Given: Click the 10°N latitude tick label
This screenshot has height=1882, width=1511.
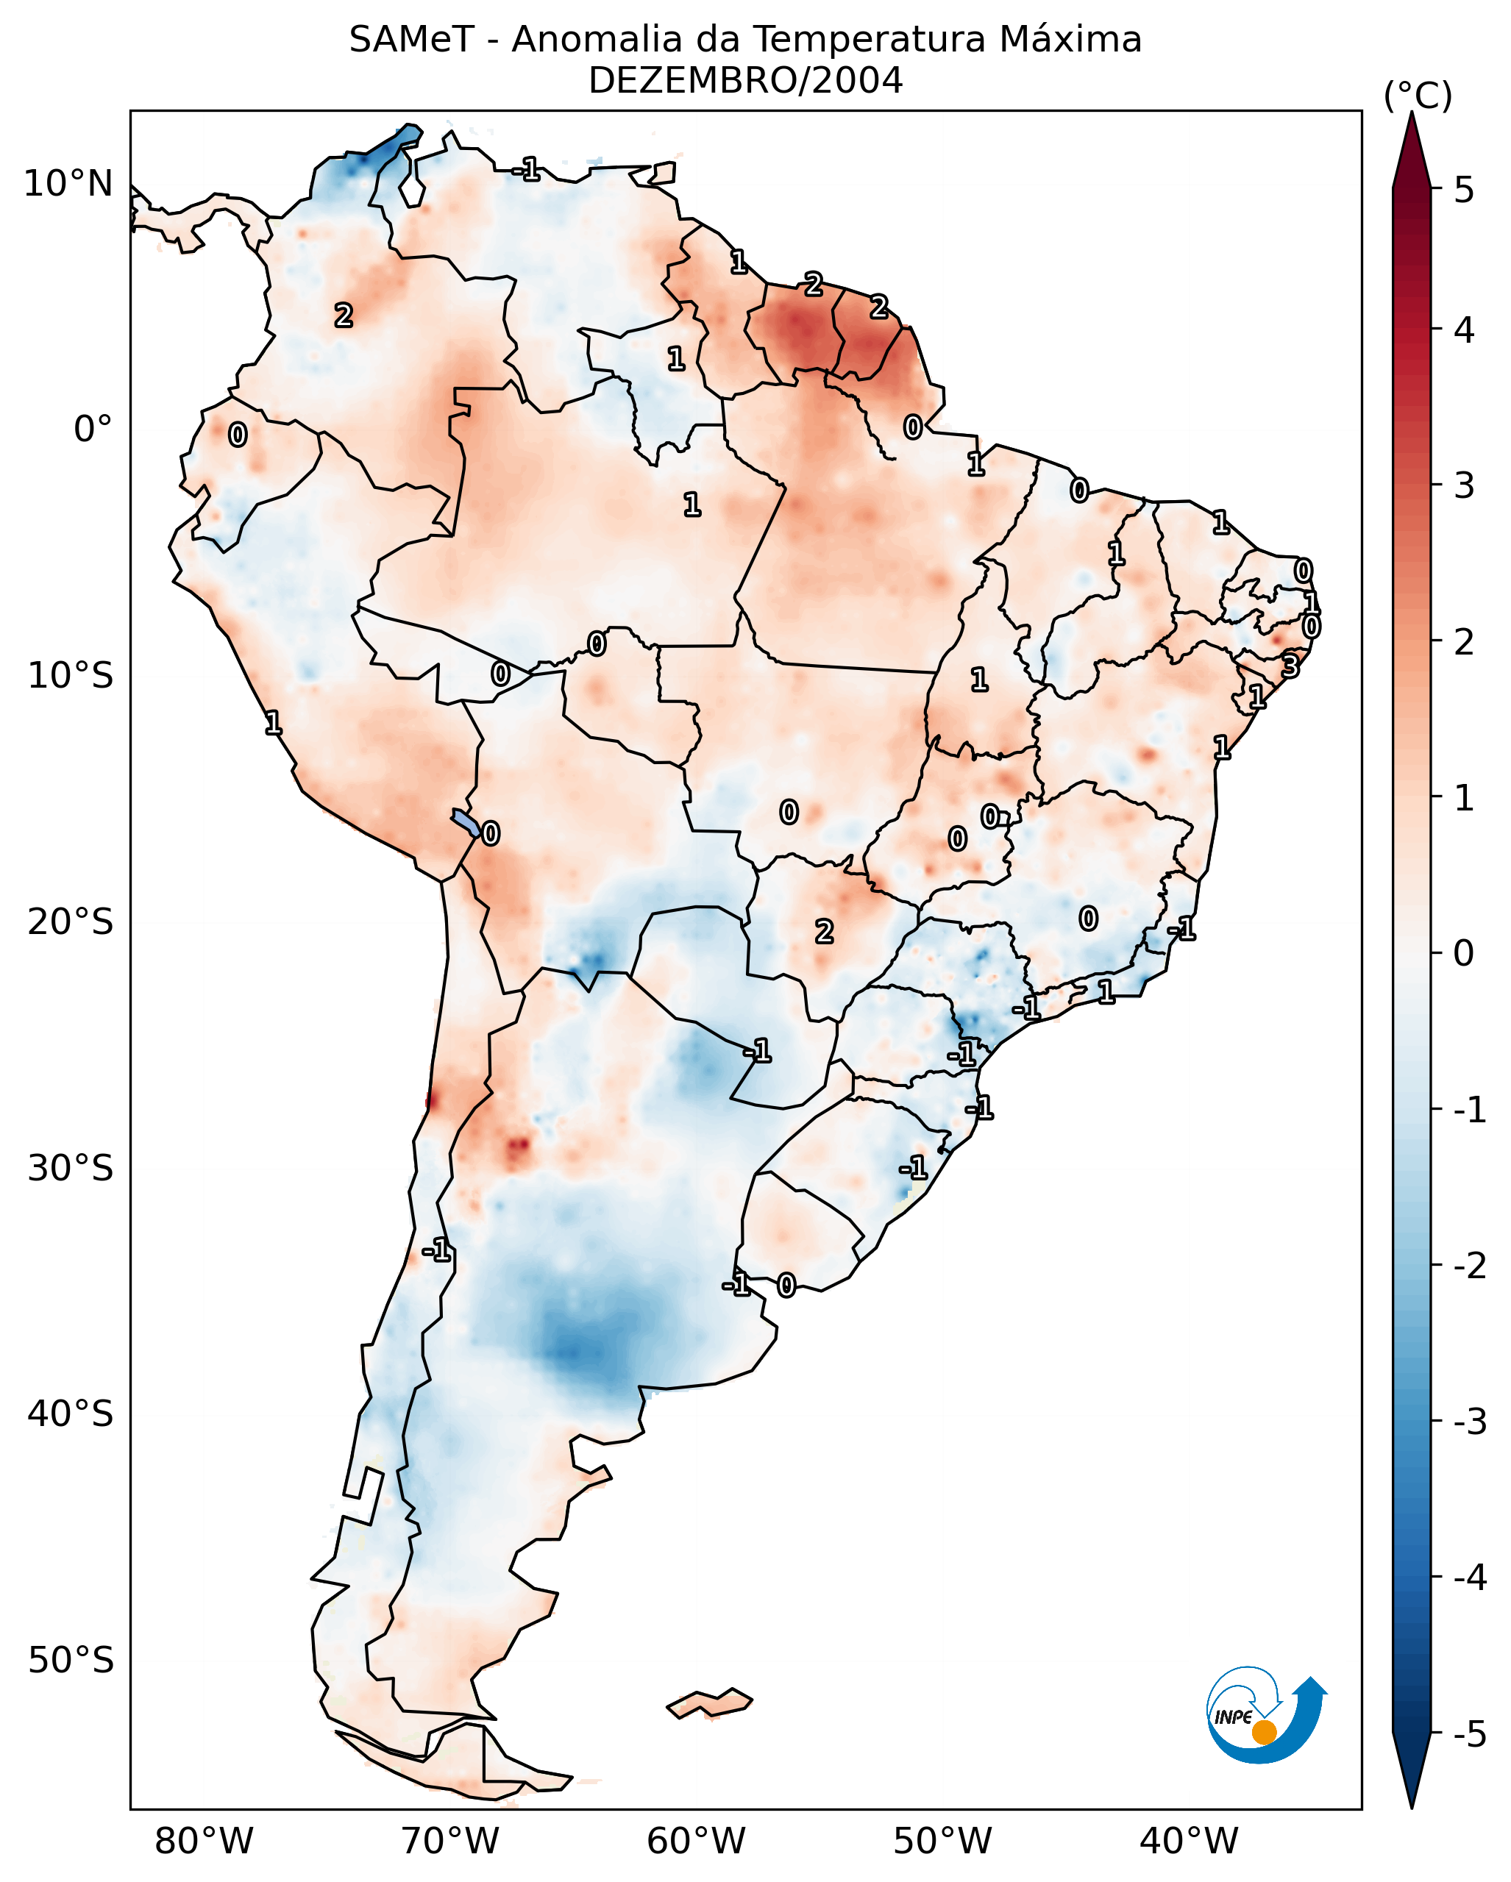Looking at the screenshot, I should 68,184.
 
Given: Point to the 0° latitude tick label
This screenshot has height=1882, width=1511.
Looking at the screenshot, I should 93,429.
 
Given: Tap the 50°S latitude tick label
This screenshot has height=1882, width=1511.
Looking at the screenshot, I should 70,1661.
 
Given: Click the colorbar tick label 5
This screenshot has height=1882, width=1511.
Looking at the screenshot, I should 1464,190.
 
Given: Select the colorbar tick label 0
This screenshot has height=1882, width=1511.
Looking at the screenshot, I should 1464,953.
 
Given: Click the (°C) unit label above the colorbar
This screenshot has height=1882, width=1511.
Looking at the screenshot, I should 1418,96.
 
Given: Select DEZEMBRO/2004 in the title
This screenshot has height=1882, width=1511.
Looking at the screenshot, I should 745,81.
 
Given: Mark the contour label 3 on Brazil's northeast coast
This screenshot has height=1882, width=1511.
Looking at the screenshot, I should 1290,667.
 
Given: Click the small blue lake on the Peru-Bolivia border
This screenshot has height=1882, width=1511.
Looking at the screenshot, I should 465,822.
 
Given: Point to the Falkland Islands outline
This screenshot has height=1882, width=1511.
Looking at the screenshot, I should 709,1703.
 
